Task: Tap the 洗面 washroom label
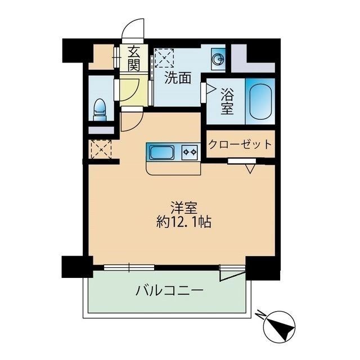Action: pyautogui.click(x=177, y=78)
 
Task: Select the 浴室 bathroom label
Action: pyautogui.click(x=227, y=100)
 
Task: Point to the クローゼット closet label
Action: pyautogui.click(x=240, y=144)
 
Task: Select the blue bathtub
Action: pyautogui.click(x=260, y=101)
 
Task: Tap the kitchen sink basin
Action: pyautogui.click(x=161, y=151)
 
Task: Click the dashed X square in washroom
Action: pyautogui.click(x=165, y=58)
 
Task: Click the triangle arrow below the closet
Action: pyautogui.click(x=251, y=167)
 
